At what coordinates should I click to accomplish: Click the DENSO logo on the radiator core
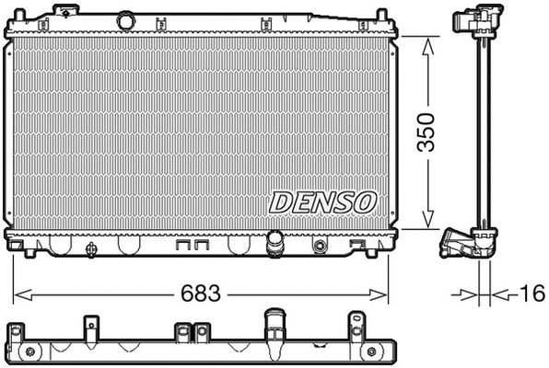point(322,201)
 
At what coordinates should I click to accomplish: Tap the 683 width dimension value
point(201,294)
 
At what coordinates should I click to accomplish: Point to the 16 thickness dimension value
point(529,294)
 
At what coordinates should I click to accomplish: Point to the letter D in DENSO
point(279,201)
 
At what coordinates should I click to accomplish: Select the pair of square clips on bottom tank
point(189,247)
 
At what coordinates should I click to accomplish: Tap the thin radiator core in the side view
point(480,129)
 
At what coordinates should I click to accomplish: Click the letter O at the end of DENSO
point(366,201)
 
